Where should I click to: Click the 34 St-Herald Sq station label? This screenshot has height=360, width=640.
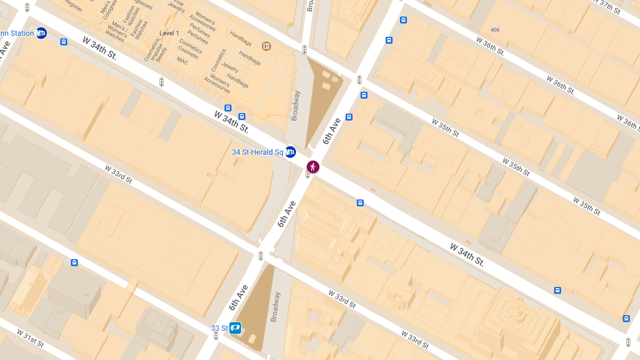tap(257, 152)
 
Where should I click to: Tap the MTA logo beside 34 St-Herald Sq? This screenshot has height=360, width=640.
tap(290, 152)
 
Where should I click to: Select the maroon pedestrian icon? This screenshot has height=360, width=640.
tap(313, 167)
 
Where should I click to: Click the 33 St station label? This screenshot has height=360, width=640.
tap(219, 327)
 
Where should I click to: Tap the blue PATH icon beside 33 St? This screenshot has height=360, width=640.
tap(235, 327)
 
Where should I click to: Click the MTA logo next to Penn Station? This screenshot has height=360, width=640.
tap(41, 33)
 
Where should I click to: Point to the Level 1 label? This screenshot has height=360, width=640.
tap(170, 33)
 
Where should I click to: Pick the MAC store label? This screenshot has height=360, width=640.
tap(183, 61)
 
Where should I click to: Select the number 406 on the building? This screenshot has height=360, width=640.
tap(495, 30)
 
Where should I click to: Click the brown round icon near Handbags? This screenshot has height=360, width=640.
tap(267, 46)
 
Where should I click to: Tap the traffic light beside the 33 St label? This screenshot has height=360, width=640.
tap(216, 335)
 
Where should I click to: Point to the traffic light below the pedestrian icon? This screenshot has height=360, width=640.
tap(308, 174)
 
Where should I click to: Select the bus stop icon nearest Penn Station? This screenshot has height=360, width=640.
tap(64, 42)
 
